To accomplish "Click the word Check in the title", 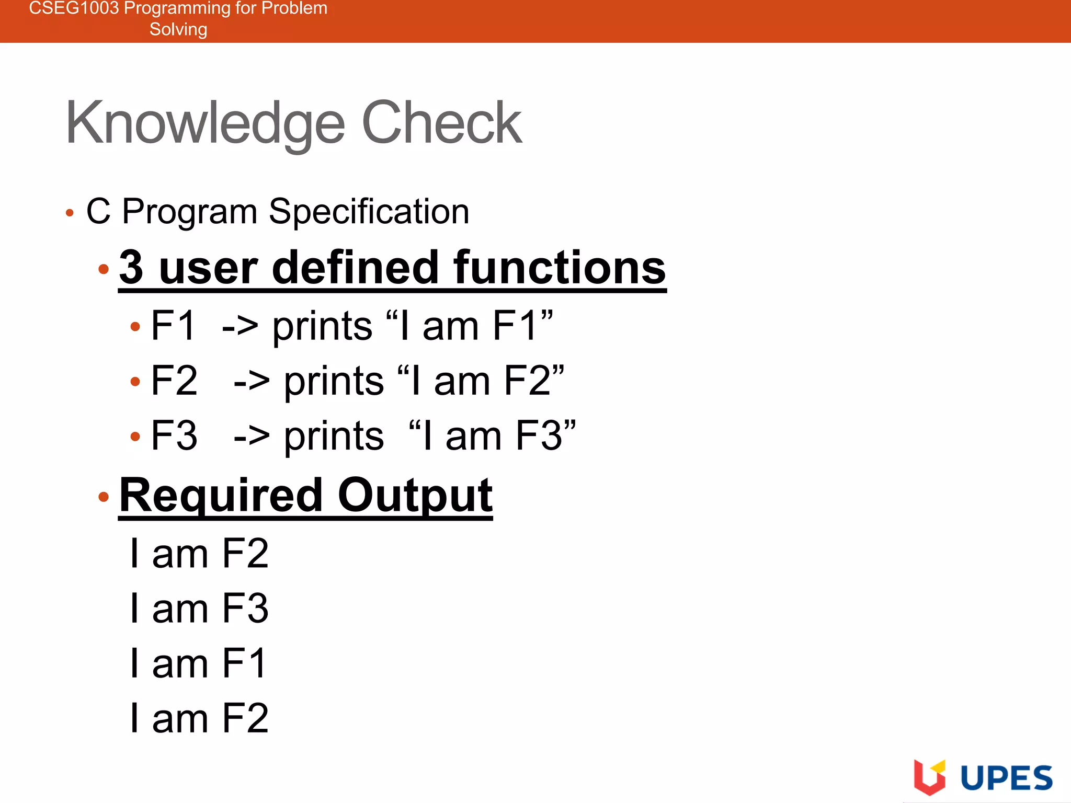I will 442,123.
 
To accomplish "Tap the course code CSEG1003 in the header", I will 73,8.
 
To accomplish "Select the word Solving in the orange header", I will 178,29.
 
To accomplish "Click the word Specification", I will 369,212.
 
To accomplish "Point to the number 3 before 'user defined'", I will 131,267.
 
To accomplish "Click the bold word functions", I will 560,267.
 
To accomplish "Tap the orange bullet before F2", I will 135,382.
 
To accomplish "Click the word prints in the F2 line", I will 334,382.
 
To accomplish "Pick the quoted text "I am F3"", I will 492,435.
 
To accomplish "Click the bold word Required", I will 221,495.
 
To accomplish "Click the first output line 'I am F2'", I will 199,554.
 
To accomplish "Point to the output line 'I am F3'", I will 199,609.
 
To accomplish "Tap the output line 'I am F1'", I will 198,663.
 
